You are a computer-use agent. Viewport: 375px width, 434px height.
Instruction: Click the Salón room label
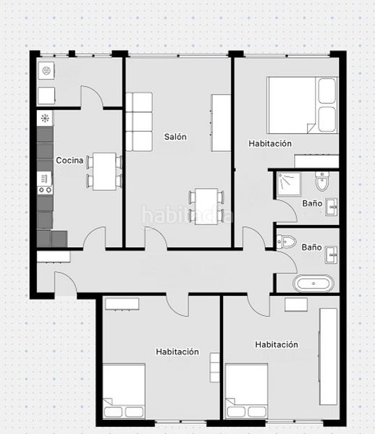(175, 137)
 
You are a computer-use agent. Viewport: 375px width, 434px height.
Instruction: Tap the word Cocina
(69, 161)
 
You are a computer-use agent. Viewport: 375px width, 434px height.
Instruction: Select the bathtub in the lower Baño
(313, 284)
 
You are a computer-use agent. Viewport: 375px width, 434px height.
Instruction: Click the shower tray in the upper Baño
(289, 184)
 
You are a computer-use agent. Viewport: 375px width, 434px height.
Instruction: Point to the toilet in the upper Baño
(322, 182)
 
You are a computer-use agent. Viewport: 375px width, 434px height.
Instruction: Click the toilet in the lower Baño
(287, 242)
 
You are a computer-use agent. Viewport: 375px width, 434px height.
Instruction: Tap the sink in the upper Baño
(331, 207)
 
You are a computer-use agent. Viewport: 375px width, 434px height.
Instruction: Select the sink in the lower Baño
(331, 255)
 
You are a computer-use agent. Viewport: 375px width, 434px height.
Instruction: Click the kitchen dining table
(104, 171)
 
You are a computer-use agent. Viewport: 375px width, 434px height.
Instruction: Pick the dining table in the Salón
(206, 206)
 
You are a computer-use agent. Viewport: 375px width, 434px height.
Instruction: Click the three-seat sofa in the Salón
(139, 122)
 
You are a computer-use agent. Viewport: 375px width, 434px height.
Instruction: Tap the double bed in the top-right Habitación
(303, 105)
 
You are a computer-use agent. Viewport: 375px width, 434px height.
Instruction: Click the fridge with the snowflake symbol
(45, 119)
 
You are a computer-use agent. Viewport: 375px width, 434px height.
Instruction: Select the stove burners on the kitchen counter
(45, 190)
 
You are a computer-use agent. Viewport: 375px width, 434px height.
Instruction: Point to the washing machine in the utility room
(46, 71)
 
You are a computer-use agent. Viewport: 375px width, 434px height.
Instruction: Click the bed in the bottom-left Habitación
(124, 391)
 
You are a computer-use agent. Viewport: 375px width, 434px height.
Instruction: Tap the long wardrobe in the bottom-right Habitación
(329, 357)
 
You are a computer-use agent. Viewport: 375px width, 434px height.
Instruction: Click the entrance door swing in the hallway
(66, 283)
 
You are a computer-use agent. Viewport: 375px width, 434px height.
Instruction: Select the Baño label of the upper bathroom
(312, 203)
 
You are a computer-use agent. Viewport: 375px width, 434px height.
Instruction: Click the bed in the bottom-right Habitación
(246, 391)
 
